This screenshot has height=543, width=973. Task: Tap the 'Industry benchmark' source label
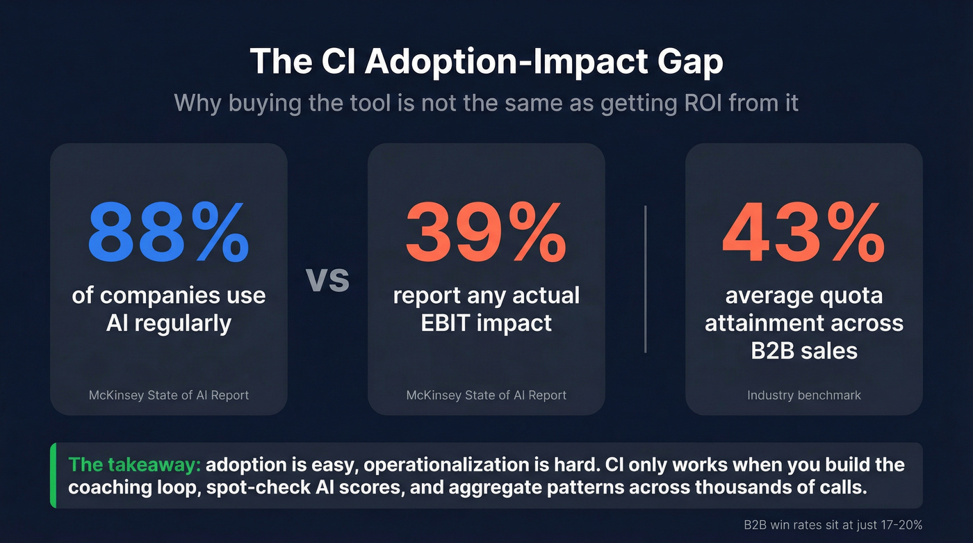[x=803, y=395]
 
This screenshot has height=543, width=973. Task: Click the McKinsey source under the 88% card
[x=168, y=395]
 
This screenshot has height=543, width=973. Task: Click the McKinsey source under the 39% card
[x=486, y=395]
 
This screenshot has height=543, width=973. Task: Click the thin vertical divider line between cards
[x=646, y=279]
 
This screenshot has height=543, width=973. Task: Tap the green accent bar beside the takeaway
[x=53, y=476]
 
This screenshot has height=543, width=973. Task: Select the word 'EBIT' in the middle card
[x=452, y=323]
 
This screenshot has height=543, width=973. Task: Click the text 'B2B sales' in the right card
[x=803, y=350]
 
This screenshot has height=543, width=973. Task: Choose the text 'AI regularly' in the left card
[x=168, y=323]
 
